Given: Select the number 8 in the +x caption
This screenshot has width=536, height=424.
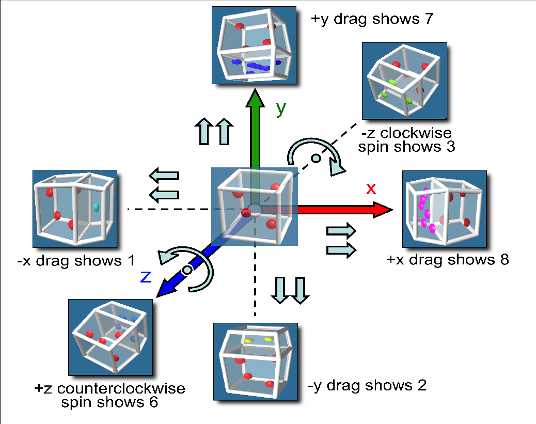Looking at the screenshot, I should click(504, 259).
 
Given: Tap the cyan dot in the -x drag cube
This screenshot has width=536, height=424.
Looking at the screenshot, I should click(96, 207).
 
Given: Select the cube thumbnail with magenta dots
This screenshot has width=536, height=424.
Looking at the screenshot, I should click(444, 209).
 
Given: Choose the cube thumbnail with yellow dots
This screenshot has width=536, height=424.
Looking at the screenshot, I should click(256, 362).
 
